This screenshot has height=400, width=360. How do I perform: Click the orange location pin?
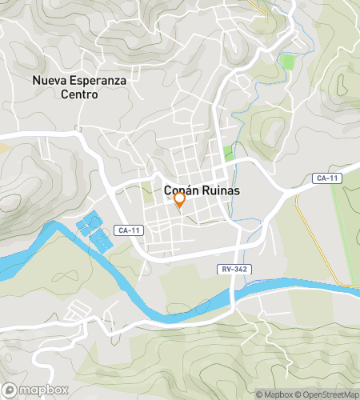pyautogui.click(x=180, y=200)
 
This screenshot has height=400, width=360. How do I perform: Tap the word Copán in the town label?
pyautogui.click(x=182, y=191)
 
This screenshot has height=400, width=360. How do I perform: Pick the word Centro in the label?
pyautogui.click(x=77, y=94)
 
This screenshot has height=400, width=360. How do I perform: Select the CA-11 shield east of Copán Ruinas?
pyautogui.click(x=325, y=178)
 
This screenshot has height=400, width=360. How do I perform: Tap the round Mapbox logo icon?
pyautogui.click(x=10, y=390)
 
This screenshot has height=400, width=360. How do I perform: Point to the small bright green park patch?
pyautogui.click(x=228, y=152)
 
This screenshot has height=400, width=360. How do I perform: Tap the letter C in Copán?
pyautogui.click(x=168, y=191)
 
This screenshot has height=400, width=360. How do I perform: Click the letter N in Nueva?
pyautogui.click(x=37, y=81)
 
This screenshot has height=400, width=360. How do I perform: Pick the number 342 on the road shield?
pyautogui.click(x=239, y=270)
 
